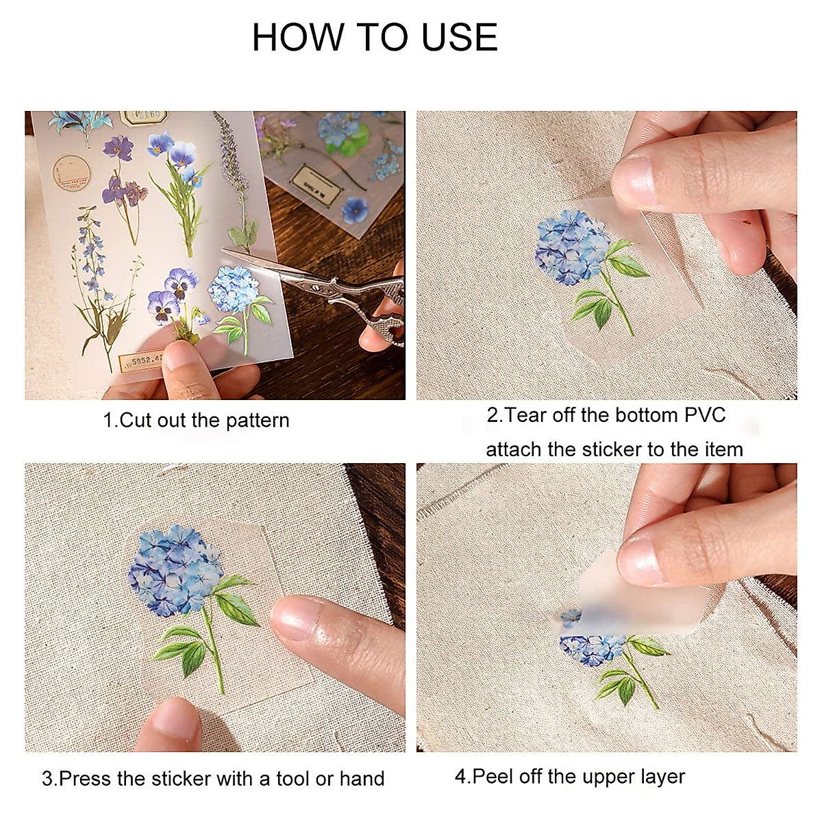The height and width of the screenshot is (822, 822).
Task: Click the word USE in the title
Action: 460,37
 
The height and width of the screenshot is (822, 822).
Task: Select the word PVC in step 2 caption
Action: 705,415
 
